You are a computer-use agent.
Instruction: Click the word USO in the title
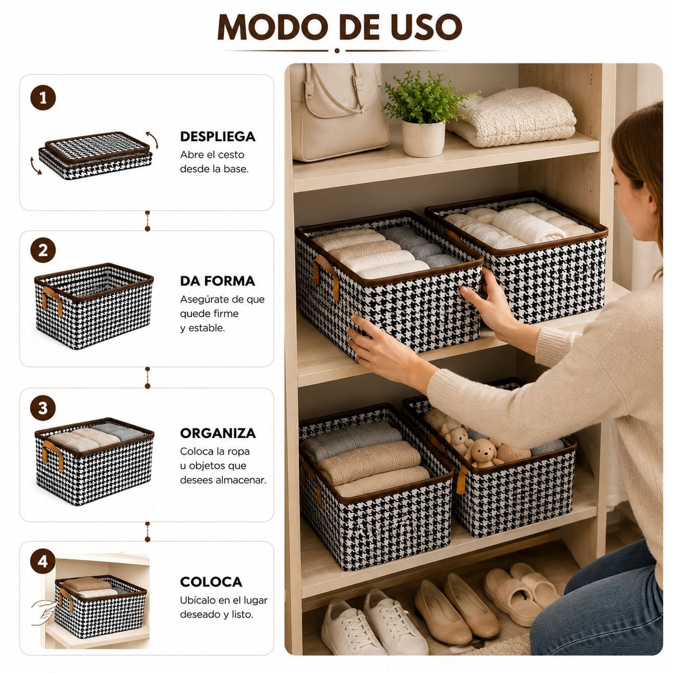[426, 27]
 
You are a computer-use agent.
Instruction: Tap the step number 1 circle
[43, 98]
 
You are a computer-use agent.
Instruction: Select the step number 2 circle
[43, 251]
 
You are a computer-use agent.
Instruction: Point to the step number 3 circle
[43, 408]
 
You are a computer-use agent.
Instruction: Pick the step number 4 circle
[43, 561]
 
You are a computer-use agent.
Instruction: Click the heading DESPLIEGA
[217, 136]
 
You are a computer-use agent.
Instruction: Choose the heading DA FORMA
[217, 281]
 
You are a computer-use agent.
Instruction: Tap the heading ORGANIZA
[218, 434]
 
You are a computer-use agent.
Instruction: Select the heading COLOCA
[211, 582]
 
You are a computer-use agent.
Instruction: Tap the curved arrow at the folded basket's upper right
[152, 139]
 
